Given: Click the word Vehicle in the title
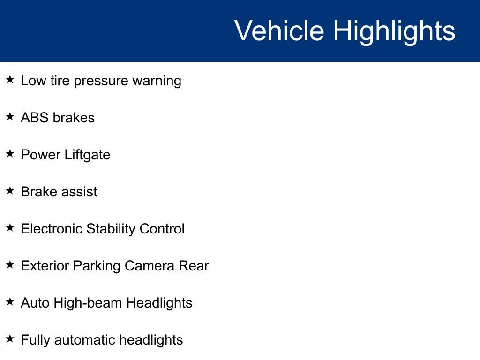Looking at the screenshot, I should coord(279,31).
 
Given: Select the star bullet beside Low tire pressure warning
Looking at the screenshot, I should coord(10,79).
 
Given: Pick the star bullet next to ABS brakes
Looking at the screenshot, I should coord(10,116).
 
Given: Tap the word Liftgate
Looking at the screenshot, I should coord(89,155).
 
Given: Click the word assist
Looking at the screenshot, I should coord(81,192).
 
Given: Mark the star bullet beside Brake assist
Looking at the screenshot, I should coord(10,190).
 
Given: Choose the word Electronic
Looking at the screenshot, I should coord(52,229).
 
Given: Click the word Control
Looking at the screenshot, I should coord(162,229).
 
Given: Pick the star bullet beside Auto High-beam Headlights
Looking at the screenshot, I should coord(10,301).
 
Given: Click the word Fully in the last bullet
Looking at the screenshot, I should coord(36,340).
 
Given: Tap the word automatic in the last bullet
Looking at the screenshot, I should coord(85,340).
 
